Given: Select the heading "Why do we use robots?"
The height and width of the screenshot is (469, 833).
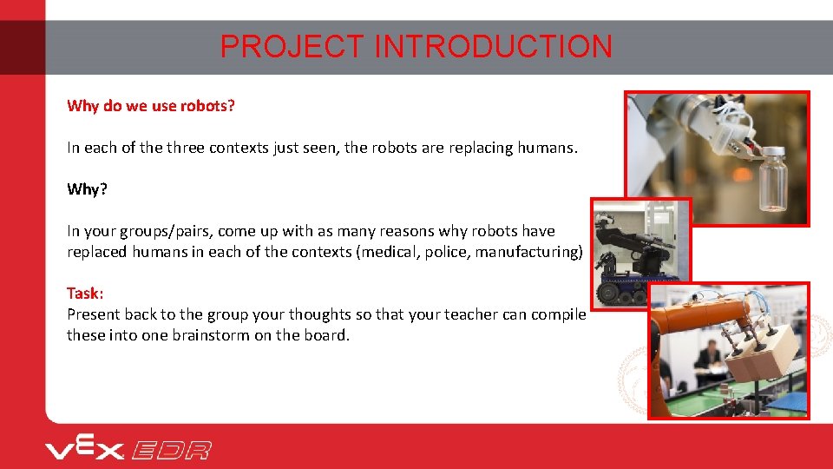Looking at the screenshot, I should [151, 106].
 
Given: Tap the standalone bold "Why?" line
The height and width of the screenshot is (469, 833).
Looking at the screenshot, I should [87, 189].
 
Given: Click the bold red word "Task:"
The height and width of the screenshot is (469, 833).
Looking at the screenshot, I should [85, 294].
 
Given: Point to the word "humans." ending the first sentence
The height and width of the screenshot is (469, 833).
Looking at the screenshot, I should [547, 148].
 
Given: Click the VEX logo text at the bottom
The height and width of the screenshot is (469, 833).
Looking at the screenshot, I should [85, 448].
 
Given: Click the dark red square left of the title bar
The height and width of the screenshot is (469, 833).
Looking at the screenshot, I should [23, 47].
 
